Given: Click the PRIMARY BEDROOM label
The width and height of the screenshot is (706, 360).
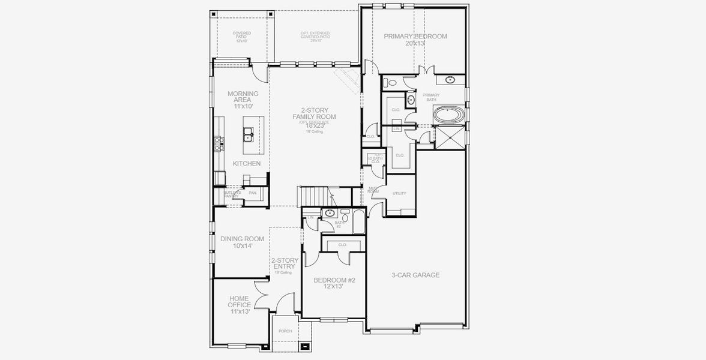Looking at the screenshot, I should click(415, 36).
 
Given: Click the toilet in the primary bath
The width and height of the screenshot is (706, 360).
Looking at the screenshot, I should click(393, 83).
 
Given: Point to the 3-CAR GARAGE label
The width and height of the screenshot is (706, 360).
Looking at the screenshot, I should click(415, 275).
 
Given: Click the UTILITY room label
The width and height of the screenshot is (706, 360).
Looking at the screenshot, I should click(399, 193).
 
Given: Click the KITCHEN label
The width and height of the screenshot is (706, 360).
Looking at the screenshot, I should click(247, 163).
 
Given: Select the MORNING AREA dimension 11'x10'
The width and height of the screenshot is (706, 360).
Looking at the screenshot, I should click(243, 106).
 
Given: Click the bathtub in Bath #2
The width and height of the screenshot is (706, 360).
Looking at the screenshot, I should click(357, 223).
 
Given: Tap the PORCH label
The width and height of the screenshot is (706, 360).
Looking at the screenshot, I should click(285, 331).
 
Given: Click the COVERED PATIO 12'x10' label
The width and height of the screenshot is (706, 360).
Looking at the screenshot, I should click(242, 35).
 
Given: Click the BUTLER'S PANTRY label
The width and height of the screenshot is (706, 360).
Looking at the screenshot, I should click(232, 194).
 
